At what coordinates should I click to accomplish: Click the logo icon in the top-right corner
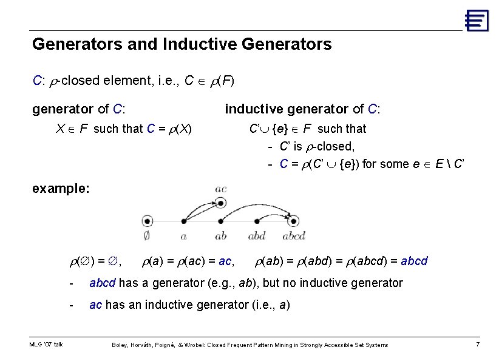tap(477, 20)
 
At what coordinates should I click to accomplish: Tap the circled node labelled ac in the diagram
tap(221, 203)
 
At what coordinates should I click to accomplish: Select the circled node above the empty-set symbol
tap(148, 222)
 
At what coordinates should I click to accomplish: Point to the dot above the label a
tap(183, 222)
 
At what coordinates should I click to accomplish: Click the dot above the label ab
tap(221, 222)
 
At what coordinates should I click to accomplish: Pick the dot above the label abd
tap(256, 222)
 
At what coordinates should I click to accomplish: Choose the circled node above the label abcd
tap(294, 222)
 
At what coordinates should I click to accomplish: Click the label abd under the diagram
tap(256, 236)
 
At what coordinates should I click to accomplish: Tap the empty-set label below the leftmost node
tap(147, 236)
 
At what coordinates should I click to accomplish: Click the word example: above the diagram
tap(61, 188)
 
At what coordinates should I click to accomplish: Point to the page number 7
tap(477, 345)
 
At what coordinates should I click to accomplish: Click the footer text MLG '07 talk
tap(46, 345)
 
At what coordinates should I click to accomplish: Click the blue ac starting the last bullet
tap(96, 305)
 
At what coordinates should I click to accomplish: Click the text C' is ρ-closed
tap(317, 146)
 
